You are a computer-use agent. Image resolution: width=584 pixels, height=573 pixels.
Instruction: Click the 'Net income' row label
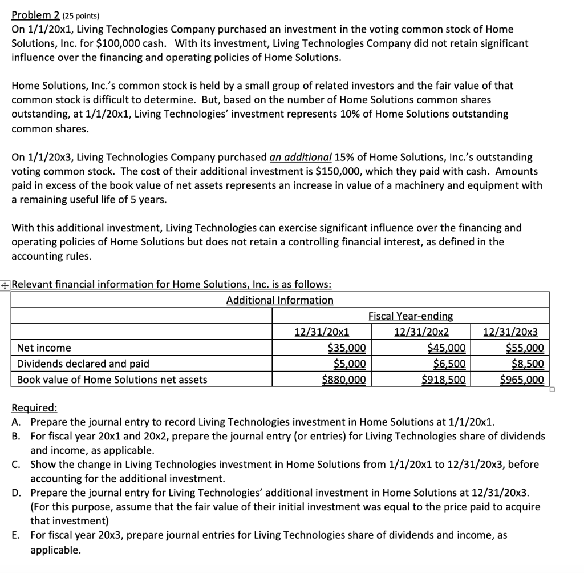[x=44, y=348]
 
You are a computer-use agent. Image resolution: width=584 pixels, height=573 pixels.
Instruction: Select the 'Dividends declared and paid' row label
[x=83, y=364]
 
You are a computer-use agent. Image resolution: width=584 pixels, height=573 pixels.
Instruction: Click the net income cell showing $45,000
[x=447, y=348]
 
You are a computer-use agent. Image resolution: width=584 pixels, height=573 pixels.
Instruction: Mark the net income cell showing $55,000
[x=525, y=348]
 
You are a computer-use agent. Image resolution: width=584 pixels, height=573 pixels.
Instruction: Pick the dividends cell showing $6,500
[x=450, y=364]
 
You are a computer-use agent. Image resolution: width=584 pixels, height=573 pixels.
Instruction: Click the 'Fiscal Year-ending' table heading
[x=411, y=316]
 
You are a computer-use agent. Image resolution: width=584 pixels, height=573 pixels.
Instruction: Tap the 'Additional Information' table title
[x=279, y=300]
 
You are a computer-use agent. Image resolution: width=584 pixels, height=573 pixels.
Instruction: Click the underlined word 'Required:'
[x=34, y=408]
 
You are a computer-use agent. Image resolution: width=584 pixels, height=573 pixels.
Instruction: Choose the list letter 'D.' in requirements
[x=17, y=492]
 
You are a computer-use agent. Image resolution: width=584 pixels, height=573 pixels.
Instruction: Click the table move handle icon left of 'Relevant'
[x=5, y=285]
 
